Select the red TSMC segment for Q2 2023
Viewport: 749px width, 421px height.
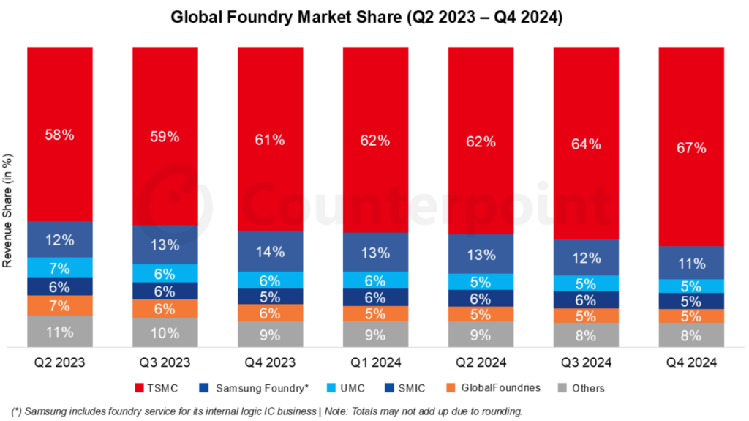point(59,134)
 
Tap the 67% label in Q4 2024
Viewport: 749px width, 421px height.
point(690,148)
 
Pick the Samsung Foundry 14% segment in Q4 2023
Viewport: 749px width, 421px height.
point(270,252)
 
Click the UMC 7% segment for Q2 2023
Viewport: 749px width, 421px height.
point(59,267)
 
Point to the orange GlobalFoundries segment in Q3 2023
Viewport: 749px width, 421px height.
point(165,308)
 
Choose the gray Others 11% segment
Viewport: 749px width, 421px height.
point(59,332)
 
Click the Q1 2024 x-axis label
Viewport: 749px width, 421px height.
point(375,362)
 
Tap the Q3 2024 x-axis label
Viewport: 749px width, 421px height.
point(586,362)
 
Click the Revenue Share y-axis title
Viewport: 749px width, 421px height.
point(9,220)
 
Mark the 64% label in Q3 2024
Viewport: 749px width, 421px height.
point(586,144)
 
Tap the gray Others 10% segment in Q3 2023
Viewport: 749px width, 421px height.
point(165,333)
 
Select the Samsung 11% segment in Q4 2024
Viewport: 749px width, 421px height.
point(690,263)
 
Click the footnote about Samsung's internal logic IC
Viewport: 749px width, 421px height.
point(267,411)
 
